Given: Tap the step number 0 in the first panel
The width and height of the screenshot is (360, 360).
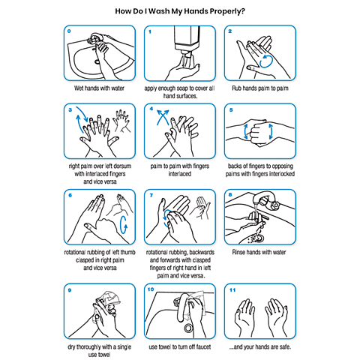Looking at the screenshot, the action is pyautogui.click(x=69, y=31).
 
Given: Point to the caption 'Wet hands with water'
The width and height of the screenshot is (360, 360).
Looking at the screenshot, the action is pyautogui.click(x=99, y=88).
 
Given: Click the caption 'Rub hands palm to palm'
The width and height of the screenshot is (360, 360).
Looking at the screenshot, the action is pyautogui.click(x=260, y=88).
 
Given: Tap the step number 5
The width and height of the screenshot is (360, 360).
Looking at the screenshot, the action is pyautogui.click(x=231, y=110).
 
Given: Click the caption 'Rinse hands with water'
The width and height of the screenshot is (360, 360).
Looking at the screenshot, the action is pyautogui.click(x=259, y=252).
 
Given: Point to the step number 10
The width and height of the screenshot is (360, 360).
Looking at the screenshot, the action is pyautogui.click(x=151, y=289).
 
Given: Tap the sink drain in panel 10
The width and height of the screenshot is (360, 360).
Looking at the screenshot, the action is pyautogui.click(x=188, y=328).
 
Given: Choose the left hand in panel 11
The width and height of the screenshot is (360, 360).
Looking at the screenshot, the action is pyautogui.click(x=244, y=316).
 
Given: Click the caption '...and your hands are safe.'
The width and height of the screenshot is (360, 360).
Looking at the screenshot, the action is pyautogui.click(x=260, y=347).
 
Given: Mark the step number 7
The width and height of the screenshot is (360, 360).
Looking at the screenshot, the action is pyautogui.click(x=151, y=195).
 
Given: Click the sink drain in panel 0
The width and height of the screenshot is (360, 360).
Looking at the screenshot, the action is pyautogui.click(x=97, y=61).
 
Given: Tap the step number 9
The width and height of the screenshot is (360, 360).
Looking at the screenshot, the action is pyautogui.click(x=70, y=290).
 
